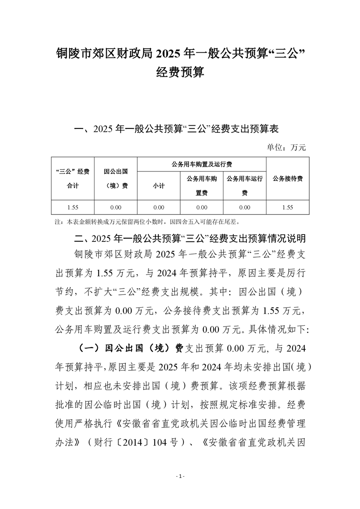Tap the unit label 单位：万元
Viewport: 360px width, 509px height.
pos(287,147)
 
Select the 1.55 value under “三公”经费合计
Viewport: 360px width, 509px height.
pos(73,207)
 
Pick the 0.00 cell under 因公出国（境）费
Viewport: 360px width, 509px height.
pos(115,207)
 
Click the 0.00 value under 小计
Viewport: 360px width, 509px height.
pos(158,207)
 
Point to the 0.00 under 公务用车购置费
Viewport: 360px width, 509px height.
pos(202,207)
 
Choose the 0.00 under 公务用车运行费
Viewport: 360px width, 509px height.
pos(245,207)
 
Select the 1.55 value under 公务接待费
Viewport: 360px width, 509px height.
pos(287,207)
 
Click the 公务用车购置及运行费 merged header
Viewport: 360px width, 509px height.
pos(202,164)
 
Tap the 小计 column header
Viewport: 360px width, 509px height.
pos(158,186)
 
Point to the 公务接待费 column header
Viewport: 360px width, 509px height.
pos(287,178)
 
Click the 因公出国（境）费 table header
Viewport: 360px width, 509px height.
pos(115,178)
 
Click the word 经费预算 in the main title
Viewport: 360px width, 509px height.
pos(180,72)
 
